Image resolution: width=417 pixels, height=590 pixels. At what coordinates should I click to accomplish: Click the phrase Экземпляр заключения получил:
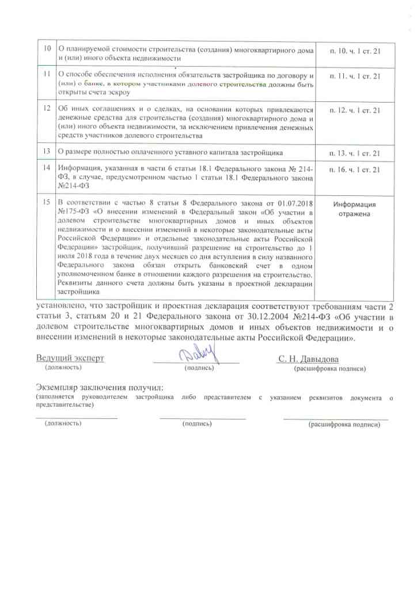click(x=100, y=387)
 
